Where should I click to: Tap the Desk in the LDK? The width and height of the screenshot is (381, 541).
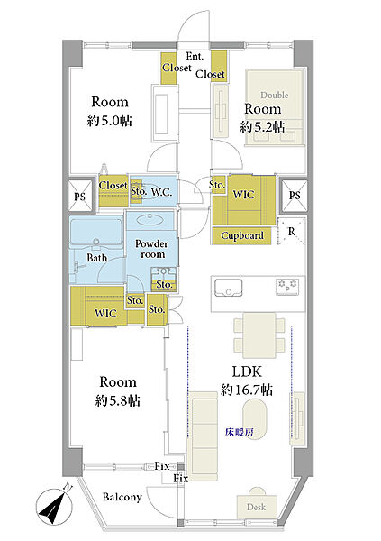(257, 507)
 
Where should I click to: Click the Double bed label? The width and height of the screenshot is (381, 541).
(275, 95)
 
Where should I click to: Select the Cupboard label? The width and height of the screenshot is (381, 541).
(242, 235)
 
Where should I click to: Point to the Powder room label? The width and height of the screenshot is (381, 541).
(151, 249)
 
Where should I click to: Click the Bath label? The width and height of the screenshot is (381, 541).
(97, 257)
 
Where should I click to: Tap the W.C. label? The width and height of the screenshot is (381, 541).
(162, 192)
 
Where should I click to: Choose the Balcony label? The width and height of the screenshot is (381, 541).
(122, 497)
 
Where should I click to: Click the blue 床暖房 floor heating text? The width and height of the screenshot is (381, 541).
(240, 432)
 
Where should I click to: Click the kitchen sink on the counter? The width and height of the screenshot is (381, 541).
(228, 288)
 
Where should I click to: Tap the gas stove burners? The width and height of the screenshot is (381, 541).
(287, 287)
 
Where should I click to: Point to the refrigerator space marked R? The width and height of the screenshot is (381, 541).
(292, 231)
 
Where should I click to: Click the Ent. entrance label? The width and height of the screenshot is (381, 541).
(195, 56)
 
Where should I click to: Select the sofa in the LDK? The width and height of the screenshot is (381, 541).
(203, 436)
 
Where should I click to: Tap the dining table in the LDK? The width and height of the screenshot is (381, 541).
(259, 335)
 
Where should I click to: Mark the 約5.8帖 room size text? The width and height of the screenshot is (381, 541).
(118, 401)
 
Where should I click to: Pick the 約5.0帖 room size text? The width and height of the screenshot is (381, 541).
(110, 121)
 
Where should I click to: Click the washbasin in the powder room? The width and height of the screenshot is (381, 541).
(150, 219)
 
